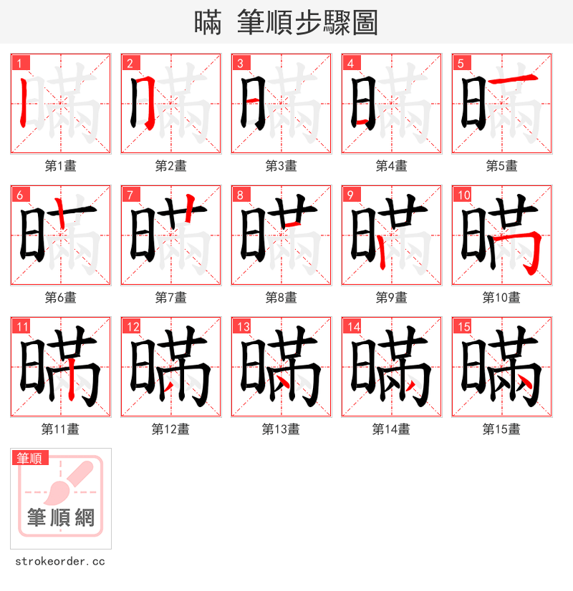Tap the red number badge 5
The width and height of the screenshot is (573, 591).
pyautogui.click(x=460, y=63)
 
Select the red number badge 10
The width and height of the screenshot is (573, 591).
pyautogui.click(x=463, y=195)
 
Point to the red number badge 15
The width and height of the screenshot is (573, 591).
pyautogui.click(x=463, y=326)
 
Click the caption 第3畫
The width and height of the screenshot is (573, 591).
pyautogui.click(x=281, y=166)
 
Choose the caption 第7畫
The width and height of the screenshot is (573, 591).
pyautogui.click(x=170, y=298)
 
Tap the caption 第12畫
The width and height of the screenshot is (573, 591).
pyautogui.click(x=170, y=429)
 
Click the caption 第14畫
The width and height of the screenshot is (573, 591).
pyautogui.click(x=391, y=429)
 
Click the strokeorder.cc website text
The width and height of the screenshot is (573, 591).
pyautogui.click(x=59, y=562)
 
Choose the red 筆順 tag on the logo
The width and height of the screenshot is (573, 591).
pyautogui.click(x=30, y=458)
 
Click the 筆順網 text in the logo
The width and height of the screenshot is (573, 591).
pyautogui.click(x=61, y=517)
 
